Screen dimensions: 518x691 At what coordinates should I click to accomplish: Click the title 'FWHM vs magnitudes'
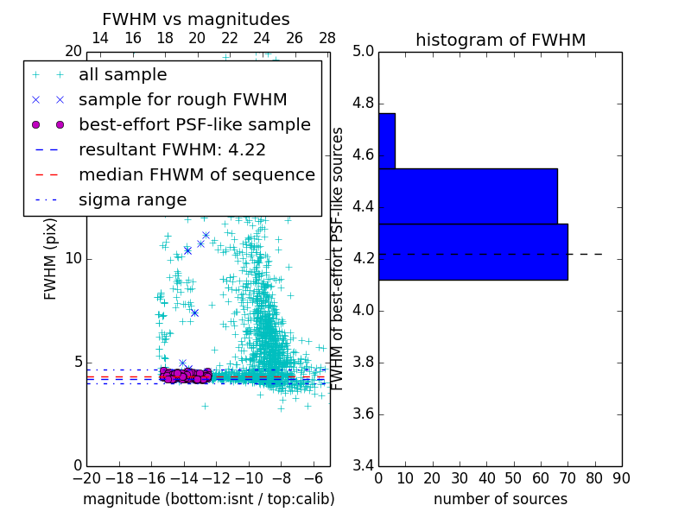(196, 20)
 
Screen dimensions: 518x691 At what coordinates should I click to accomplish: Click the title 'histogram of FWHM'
(500, 40)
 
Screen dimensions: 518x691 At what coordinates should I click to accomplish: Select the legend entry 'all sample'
(123, 75)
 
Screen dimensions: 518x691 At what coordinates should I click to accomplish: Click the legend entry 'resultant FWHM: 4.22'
(172, 149)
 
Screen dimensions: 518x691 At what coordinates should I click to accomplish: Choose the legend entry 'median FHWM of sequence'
(196, 174)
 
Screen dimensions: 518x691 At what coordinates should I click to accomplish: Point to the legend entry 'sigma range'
(132, 199)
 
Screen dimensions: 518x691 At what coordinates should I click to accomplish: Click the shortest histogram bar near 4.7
(386, 141)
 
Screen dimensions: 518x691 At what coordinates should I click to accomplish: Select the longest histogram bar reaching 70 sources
(472, 251)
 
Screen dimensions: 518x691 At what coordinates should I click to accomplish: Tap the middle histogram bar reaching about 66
(467, 196)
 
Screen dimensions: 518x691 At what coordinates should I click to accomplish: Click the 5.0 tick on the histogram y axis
(363, 52)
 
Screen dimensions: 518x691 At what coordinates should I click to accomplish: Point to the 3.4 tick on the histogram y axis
(363, 465)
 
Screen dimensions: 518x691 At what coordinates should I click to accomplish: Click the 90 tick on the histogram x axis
(621, 477)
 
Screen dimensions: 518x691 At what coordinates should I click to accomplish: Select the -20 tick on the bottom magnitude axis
(86, 477)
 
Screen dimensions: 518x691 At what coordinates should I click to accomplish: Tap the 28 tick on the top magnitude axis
(327, 38)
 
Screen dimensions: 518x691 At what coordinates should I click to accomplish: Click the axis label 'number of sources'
(500, 499)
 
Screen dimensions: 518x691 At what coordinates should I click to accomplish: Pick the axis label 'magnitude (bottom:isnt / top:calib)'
(208, 499)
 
